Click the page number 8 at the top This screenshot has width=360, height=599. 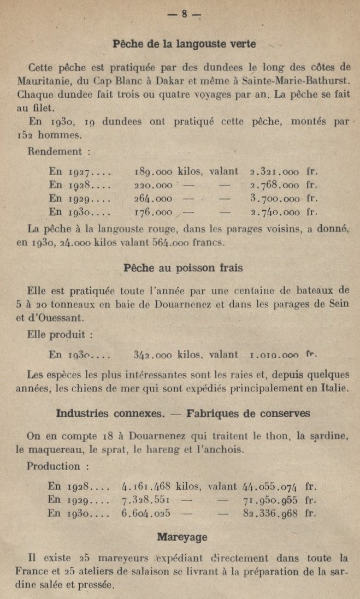[x=184, y=14]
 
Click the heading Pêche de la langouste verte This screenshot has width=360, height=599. [x=184, y=44]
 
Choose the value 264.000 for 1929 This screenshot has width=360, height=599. [x=153, y=199]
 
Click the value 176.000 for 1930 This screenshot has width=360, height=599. [x=153, y=212]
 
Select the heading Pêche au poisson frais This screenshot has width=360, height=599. [x=183, y=268]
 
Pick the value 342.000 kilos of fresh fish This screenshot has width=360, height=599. [x=153, y=355]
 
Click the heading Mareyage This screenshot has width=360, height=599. [x=182, y=537]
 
